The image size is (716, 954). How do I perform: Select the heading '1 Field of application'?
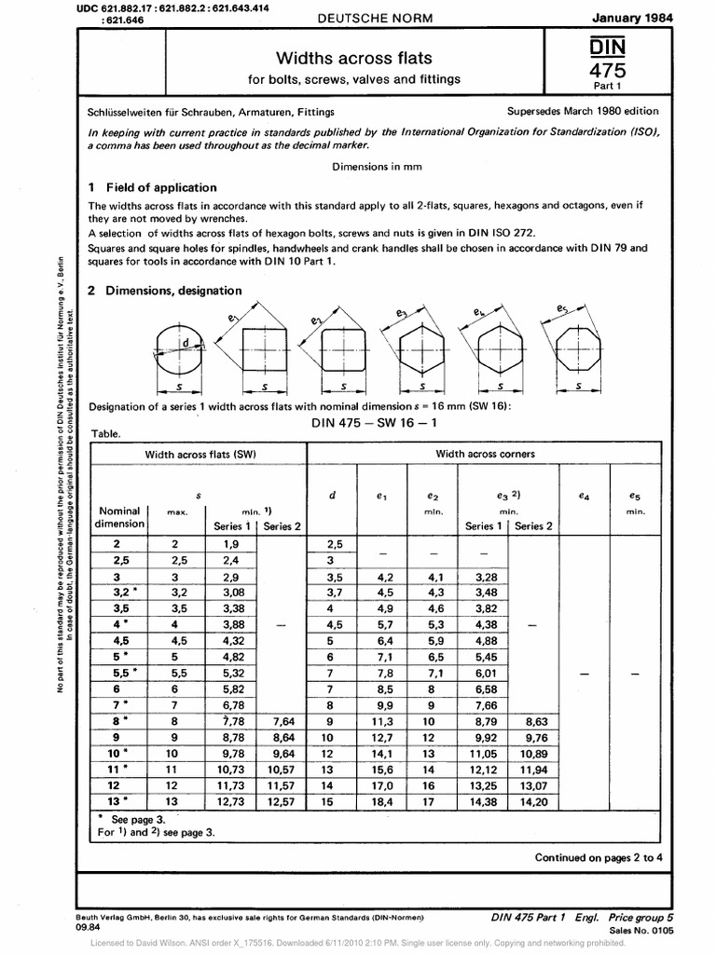pyautogui.click(x=152, y=187)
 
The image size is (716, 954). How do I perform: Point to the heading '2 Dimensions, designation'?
pyautogui.click(x=165, y=291)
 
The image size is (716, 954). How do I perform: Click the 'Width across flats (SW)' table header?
pyautogui.click(x=200, y=454)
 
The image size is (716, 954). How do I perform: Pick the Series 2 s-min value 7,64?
pyautogui.click(x=282, y=720)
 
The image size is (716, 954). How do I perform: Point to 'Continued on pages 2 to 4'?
pyautogui.click(x=598, y=857)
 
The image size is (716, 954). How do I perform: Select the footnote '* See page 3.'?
pyautogui.click(x=126, y=819)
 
